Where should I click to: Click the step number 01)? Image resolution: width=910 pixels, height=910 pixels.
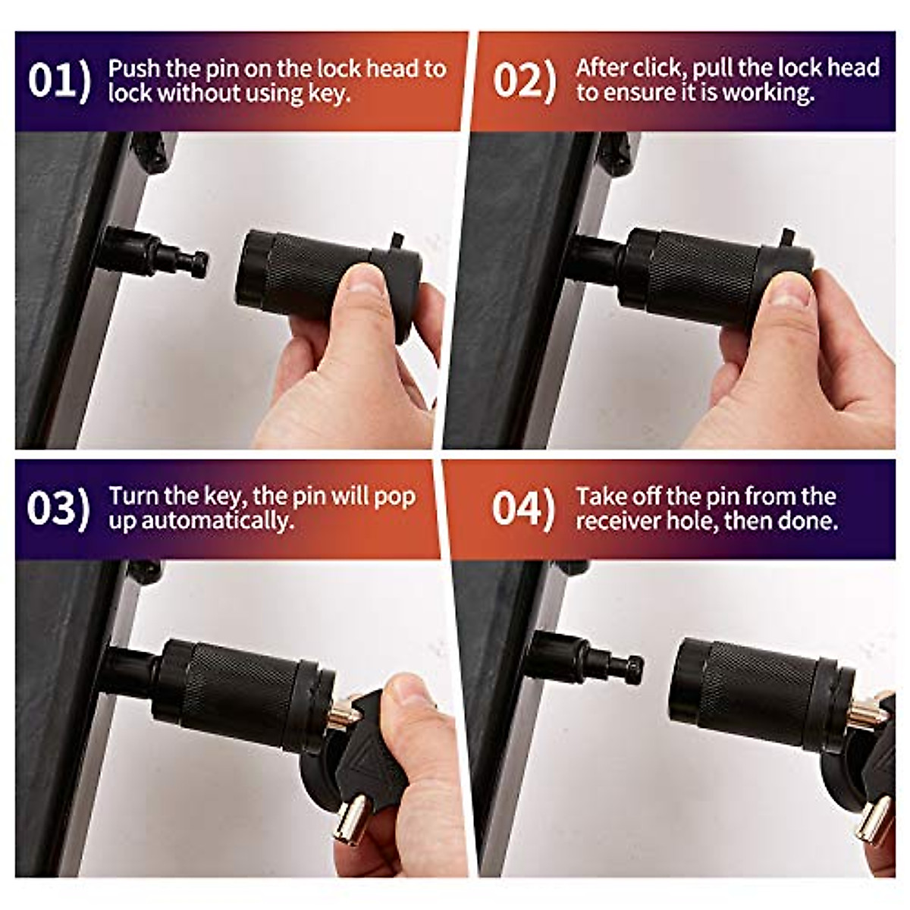point(59,80)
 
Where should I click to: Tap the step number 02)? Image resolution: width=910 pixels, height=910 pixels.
point(524,80)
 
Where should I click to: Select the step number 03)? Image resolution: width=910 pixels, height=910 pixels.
point(58,508)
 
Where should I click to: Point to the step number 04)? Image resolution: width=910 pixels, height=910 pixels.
point(523,508)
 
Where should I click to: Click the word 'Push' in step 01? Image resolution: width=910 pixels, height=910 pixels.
point(133,68)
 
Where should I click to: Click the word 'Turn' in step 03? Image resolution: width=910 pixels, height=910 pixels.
point(134,496)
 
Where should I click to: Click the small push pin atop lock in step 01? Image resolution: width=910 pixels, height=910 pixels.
point(396,242)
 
